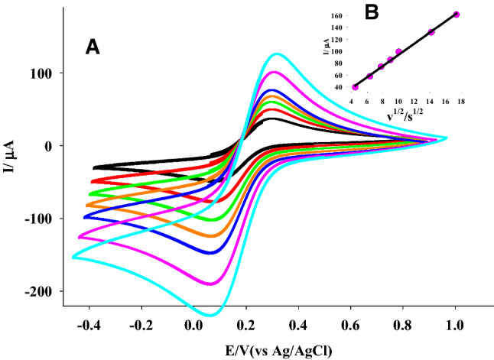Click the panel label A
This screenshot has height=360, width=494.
(x=92, y=47)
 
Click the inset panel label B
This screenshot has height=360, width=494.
(x=393, y=13)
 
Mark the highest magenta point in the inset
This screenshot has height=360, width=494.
(x=457, y=15)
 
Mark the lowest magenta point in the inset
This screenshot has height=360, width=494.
(x=355, y=87)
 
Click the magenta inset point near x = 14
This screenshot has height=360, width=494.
(x=431, y=32)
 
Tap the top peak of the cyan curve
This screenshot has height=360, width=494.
(x=276, y=54)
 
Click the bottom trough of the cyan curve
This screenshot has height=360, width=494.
(x=208, y=315)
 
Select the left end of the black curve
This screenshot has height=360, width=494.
(x=94, y=167)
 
